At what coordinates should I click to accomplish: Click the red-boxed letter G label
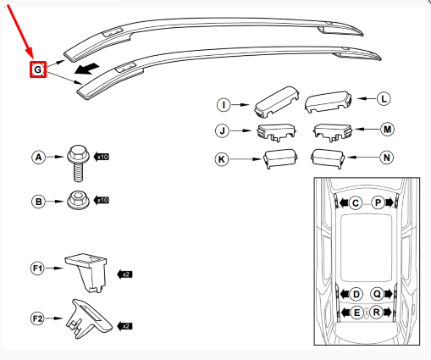[x=37, y=71]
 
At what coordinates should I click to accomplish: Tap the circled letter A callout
[x=37, y=157]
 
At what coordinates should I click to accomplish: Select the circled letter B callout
[x=37, y=201]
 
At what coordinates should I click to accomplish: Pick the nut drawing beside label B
[x=77, y=201]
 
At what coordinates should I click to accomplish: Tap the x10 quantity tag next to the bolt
[x=102, y=157]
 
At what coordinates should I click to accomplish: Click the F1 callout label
[x=37, y=269]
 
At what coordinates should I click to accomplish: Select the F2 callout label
[x=37, y=318]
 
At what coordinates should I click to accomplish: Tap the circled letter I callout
[x=224, y=105]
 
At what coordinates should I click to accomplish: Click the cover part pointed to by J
[x=273, y=132]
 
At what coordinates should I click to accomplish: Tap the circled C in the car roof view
[x=356, y=203]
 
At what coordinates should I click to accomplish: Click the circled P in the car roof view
[x=378, y=203]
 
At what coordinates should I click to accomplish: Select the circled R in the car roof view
[x=378, y=312]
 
